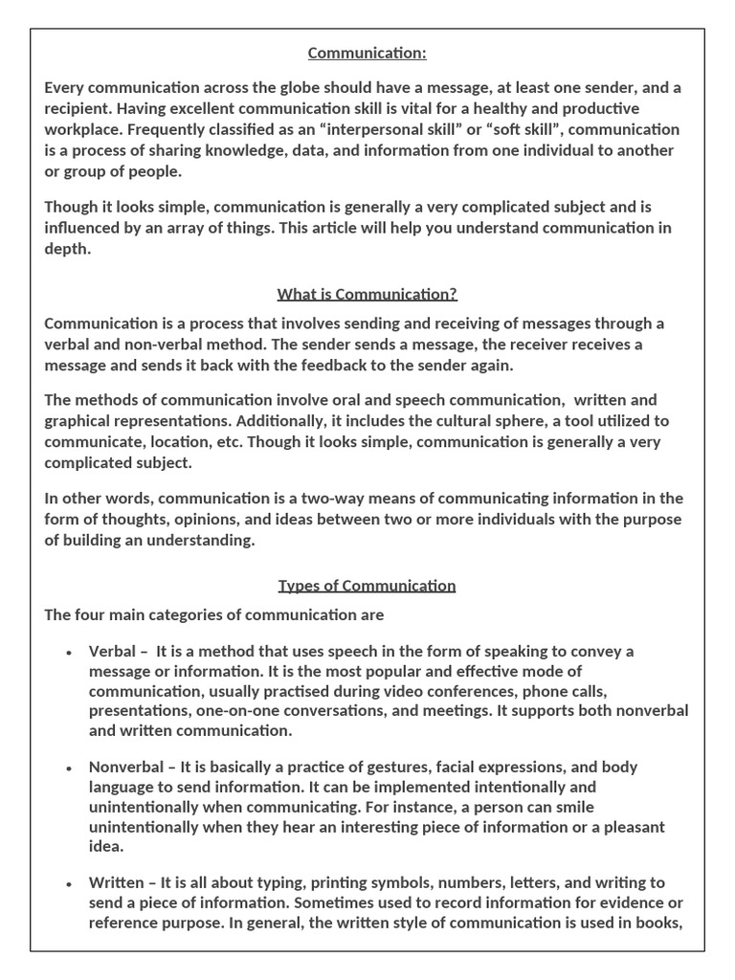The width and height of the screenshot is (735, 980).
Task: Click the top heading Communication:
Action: click(367, 54)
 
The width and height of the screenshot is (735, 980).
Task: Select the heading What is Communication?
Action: click(367, 294)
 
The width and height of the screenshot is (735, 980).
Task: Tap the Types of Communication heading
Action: click(367, 586)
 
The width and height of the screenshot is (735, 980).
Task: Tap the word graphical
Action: click(80, 421)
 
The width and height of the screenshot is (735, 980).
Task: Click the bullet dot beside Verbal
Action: click(69, 653)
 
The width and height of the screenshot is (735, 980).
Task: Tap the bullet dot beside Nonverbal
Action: click(69, 768)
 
